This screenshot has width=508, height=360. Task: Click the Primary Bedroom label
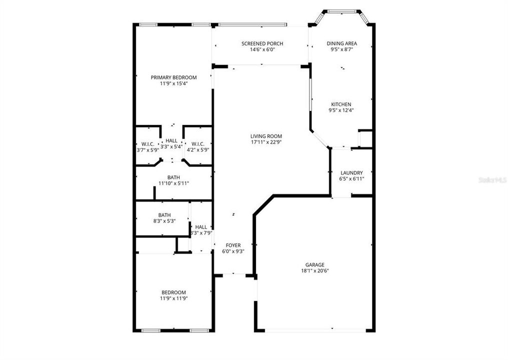(x=173, y=77)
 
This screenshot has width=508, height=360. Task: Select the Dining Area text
(x=342, y=43)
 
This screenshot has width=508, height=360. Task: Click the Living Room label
(x=266, y=136)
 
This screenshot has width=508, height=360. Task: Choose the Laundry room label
(x=351, y=173)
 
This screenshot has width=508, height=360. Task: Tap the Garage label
(x=315, y=265)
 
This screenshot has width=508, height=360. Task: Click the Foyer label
(x=233, y=245)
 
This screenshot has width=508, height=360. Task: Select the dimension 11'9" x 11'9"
(x=173, y=298)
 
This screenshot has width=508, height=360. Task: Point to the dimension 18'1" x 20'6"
(x=315, y=271)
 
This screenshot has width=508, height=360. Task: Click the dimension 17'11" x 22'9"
(x=266, y=142)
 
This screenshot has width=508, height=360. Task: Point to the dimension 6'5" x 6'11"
(x=351, y=179)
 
